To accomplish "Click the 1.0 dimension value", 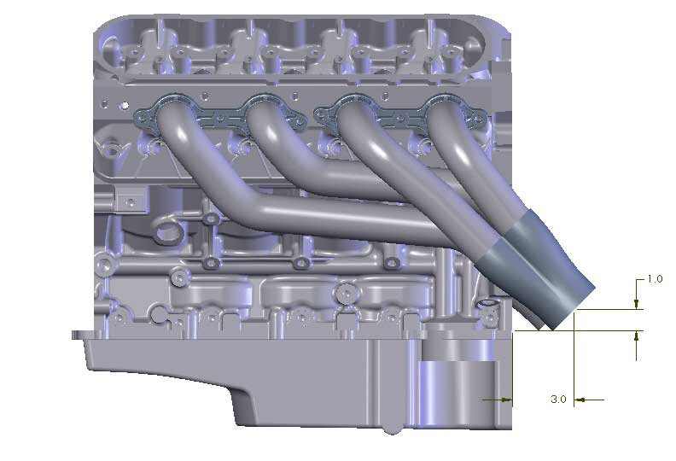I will click(655, 279).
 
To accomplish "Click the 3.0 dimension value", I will click(558, 399).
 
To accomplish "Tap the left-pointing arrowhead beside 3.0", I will click(579, 399).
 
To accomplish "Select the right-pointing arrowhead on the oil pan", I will click(507, 399).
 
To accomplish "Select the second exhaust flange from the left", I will click(264, 112).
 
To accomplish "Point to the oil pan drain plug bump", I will click(391, 427).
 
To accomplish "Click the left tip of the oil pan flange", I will click(75, 335).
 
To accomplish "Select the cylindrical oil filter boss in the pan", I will click(457, 388).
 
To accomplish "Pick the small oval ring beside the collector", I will click(489, 304).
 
